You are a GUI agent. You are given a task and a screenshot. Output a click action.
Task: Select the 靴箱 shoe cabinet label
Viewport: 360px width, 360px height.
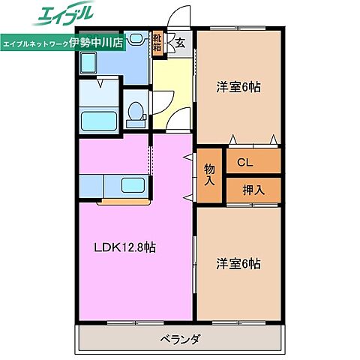[157, 42]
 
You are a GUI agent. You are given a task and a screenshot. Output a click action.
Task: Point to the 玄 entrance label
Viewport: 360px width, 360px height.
[181, 43]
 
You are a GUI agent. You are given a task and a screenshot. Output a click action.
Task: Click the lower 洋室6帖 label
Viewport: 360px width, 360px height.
[238, 263]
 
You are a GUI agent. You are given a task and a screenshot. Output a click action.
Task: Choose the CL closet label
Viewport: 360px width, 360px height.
[244, 161]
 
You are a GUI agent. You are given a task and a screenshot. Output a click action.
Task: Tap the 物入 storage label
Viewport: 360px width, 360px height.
[210, 175]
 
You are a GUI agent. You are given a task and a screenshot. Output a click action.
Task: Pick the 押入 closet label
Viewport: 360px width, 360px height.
[253, 190]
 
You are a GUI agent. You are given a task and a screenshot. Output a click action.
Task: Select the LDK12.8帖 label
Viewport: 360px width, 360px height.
[124, 248]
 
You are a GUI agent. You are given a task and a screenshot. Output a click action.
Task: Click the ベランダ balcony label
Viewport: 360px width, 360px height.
[180, 339]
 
